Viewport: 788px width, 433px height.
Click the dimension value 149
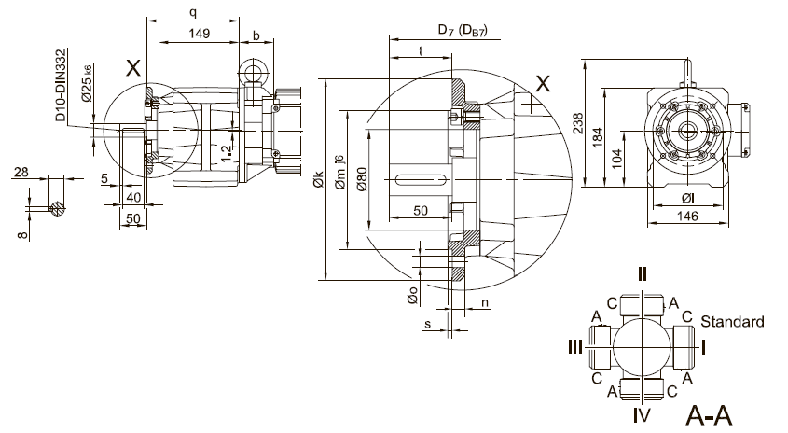click(x=197, y=34)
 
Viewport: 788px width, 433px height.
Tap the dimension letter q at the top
click(x=192, y=12)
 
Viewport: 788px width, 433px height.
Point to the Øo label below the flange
click(x=411, y=294)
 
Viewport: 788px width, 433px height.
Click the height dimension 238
click(x=578, y=122)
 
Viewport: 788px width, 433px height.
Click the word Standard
click(x=732, y=322)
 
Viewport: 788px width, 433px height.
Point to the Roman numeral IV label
click(x=643, y=412)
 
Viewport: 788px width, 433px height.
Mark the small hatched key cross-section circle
click(x=59, y=208)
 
